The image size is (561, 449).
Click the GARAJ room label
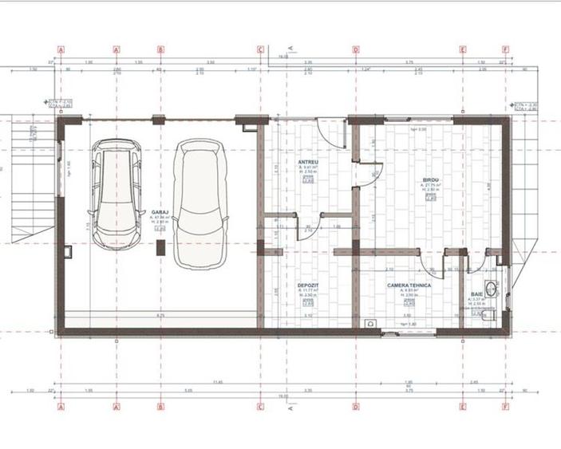(158, 212)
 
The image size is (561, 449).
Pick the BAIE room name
(477, 294)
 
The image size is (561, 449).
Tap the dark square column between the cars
(160, 249)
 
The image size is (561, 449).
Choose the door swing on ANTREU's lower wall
(309, 227)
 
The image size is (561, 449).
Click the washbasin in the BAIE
(492, 289)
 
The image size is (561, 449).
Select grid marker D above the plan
(356, 49)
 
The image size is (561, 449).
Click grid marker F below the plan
(505, 406)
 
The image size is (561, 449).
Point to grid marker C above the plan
(260, 49)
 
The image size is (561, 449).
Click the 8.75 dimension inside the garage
(160, 317)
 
